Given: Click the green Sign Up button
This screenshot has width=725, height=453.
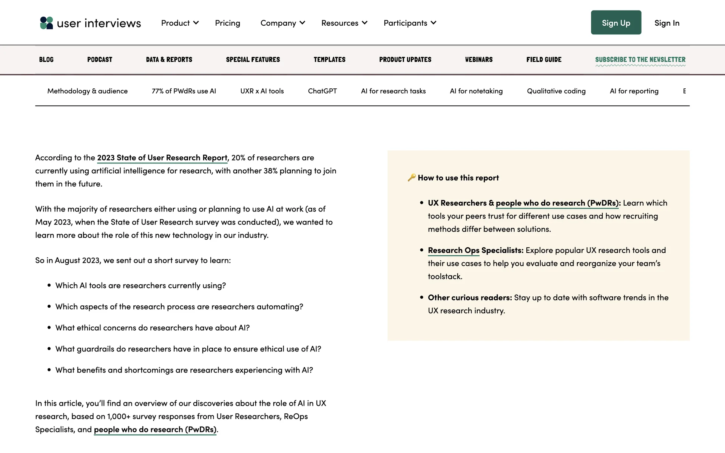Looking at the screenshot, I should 616,23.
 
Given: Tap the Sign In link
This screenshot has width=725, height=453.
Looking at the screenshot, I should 667,23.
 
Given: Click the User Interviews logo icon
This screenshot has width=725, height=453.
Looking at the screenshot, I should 46,23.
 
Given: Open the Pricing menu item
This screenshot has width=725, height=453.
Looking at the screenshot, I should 227,23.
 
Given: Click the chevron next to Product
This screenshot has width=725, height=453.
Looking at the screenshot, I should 196,23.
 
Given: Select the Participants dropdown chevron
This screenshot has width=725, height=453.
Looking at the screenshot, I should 433,23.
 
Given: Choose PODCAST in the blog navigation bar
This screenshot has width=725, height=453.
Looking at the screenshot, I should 100,60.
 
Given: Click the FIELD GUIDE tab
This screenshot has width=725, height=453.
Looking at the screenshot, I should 544,60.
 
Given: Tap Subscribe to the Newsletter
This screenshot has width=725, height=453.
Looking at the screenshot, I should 640,60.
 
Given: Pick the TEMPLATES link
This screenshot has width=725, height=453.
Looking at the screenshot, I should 329,60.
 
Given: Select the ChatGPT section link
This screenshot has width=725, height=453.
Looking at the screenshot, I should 322,91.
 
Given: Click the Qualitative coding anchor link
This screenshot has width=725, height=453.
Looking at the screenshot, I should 556,91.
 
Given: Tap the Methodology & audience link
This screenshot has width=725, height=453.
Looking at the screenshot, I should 87,91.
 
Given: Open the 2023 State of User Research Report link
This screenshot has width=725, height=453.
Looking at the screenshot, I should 162,158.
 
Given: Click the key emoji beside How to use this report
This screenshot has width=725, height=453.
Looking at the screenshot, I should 412,177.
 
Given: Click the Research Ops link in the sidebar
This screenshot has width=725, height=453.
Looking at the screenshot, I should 454,250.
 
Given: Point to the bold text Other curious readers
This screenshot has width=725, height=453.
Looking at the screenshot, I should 470,297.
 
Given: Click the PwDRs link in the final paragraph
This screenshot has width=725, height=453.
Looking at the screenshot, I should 155,430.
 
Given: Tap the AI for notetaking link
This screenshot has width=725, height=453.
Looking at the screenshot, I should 476,91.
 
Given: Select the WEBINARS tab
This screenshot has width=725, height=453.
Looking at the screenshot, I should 479,60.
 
